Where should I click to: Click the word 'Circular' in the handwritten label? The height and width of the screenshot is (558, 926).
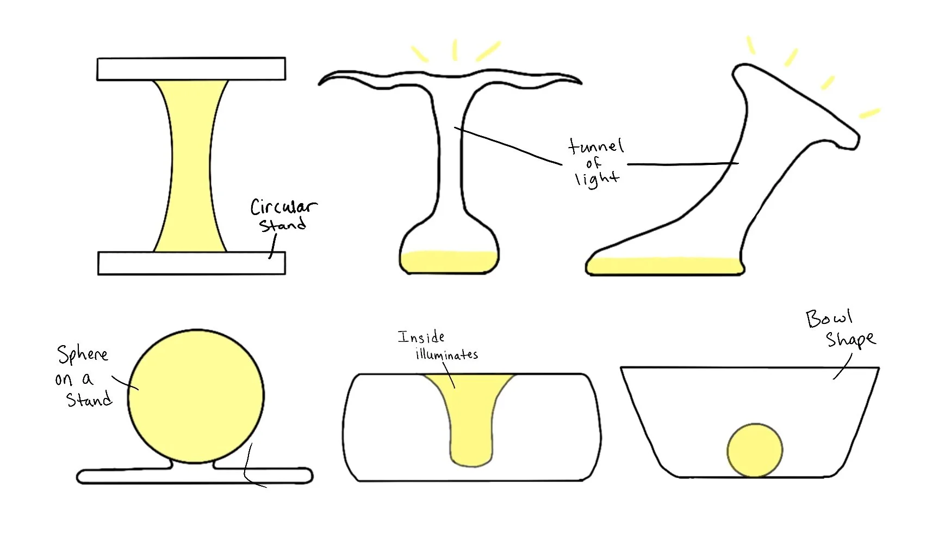[x=283, y=207]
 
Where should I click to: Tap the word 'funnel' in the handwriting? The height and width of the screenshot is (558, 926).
[x=596, y=146]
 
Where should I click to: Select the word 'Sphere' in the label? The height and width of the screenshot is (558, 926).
[x=83, y=355]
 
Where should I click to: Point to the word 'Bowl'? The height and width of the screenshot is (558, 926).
[x=829, y=318]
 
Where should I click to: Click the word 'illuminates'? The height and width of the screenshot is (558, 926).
[x=447, y=355]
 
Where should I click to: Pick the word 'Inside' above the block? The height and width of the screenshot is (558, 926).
[x=421, y=337]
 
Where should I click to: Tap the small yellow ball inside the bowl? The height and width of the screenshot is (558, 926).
[x=755, y=450]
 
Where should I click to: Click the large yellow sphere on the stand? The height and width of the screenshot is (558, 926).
[x=196, y=396]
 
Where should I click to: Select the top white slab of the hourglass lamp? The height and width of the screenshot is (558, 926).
[x=191, y=69]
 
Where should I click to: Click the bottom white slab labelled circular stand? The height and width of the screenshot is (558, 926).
[x=191, y=263]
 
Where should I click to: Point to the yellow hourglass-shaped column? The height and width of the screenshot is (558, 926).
[x=191, y=166]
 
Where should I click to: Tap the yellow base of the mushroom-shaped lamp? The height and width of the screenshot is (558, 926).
[x=449, y=262]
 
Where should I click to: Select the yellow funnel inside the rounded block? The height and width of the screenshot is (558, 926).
[x=471, y=419]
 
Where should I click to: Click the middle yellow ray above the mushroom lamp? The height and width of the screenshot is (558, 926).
[x=455, y=50]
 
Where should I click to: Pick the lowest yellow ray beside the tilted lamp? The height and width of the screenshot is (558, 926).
[x=869, y=113]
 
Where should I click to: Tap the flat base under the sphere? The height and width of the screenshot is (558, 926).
[x=194, y=476]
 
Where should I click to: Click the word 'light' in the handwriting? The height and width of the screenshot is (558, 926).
[x=597, y=179]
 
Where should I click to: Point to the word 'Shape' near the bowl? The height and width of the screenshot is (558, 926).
[x=850, y=340]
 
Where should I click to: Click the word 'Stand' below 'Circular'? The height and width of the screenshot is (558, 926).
[x=282, y=225]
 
